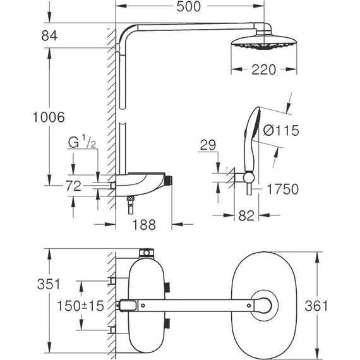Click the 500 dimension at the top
pyautogui.click(x=189, y=8)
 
